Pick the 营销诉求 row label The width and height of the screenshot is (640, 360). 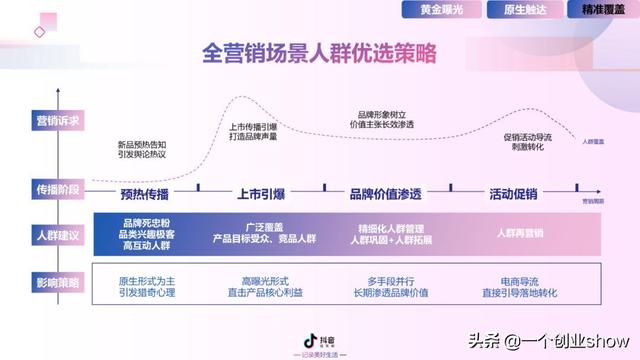point(44,119)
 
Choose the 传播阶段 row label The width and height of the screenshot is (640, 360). point(44,188)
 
